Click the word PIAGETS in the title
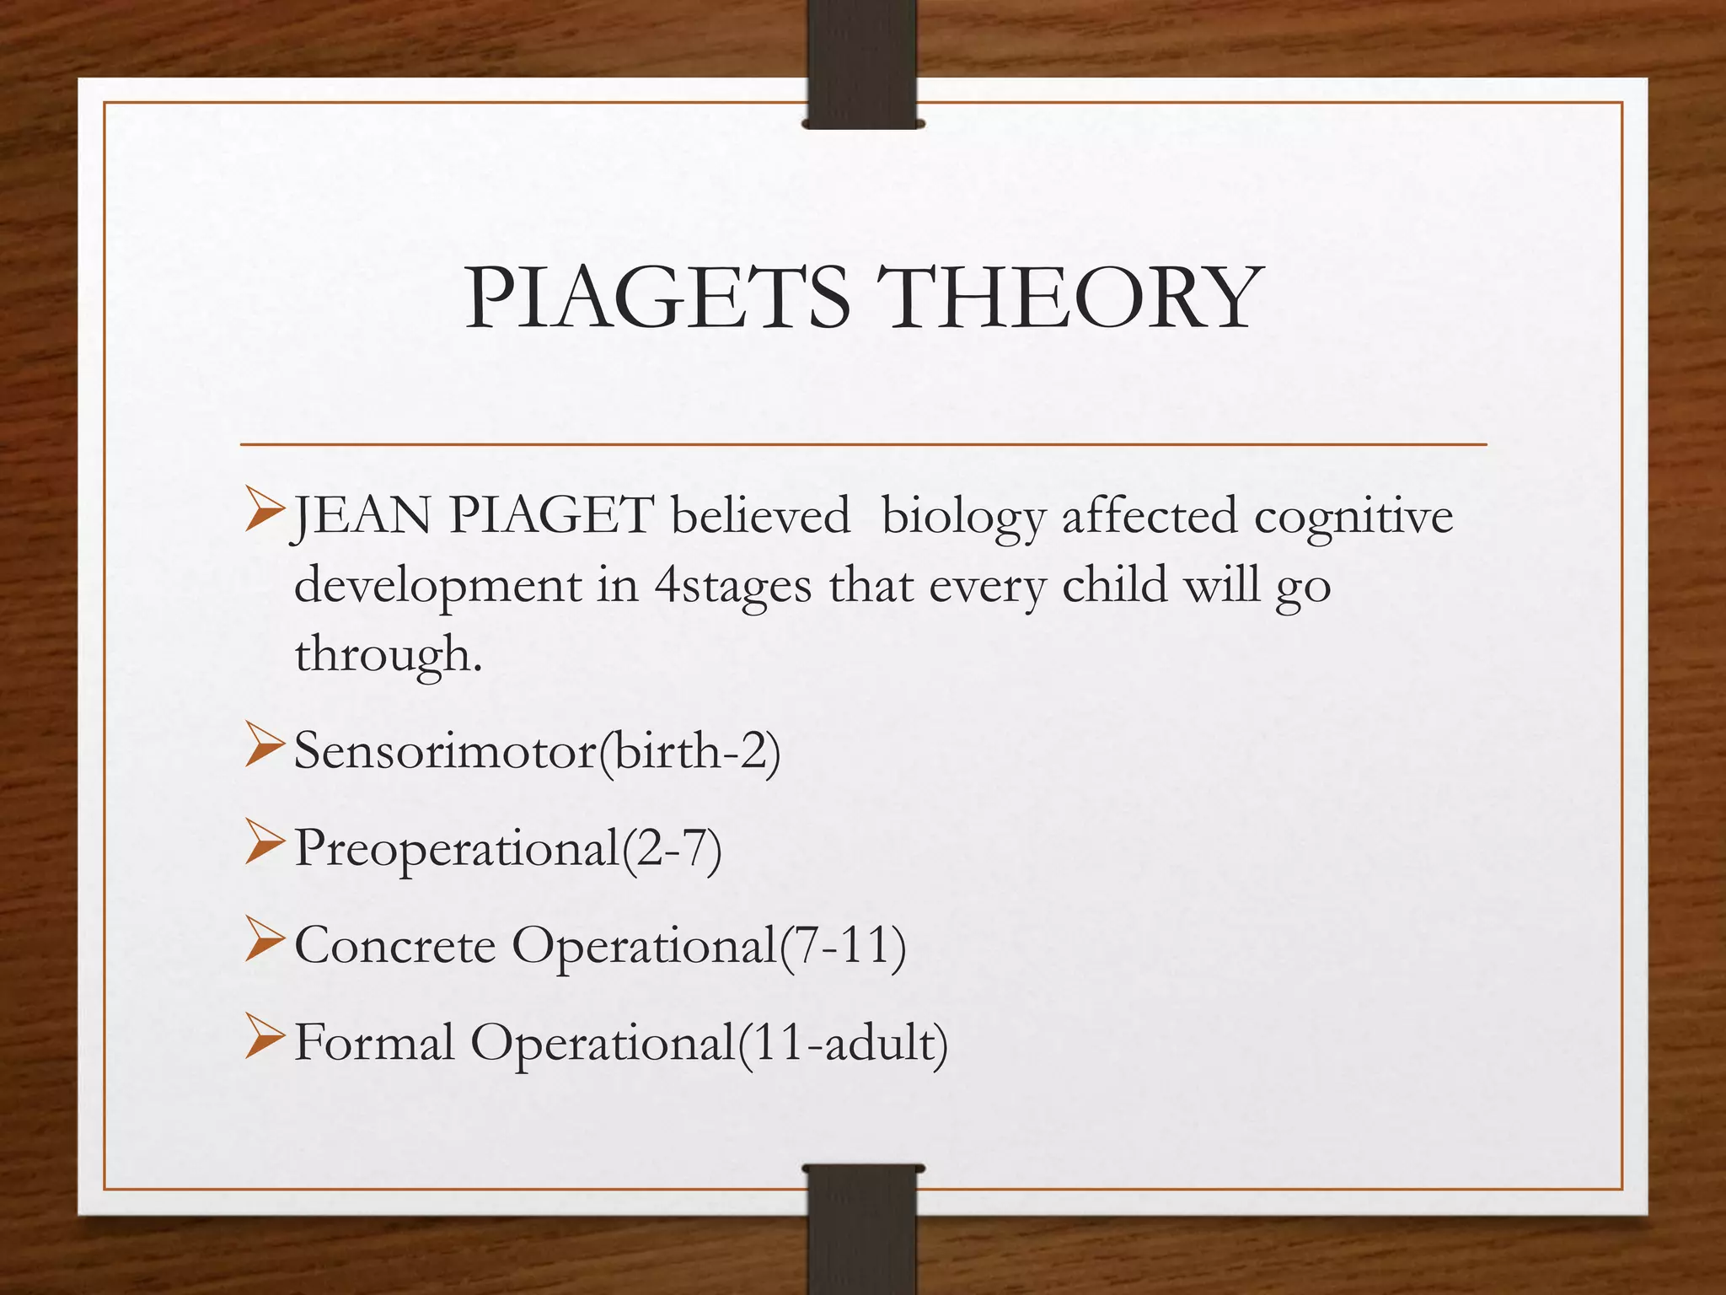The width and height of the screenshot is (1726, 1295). (x=657, y=298)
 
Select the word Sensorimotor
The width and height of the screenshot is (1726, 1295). (x=446, y=750)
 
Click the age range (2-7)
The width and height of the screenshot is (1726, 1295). (x=672, y=847)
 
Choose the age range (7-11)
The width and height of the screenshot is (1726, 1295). (x=843, y=945)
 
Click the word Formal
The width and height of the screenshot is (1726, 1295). (x=374, y=1042)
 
